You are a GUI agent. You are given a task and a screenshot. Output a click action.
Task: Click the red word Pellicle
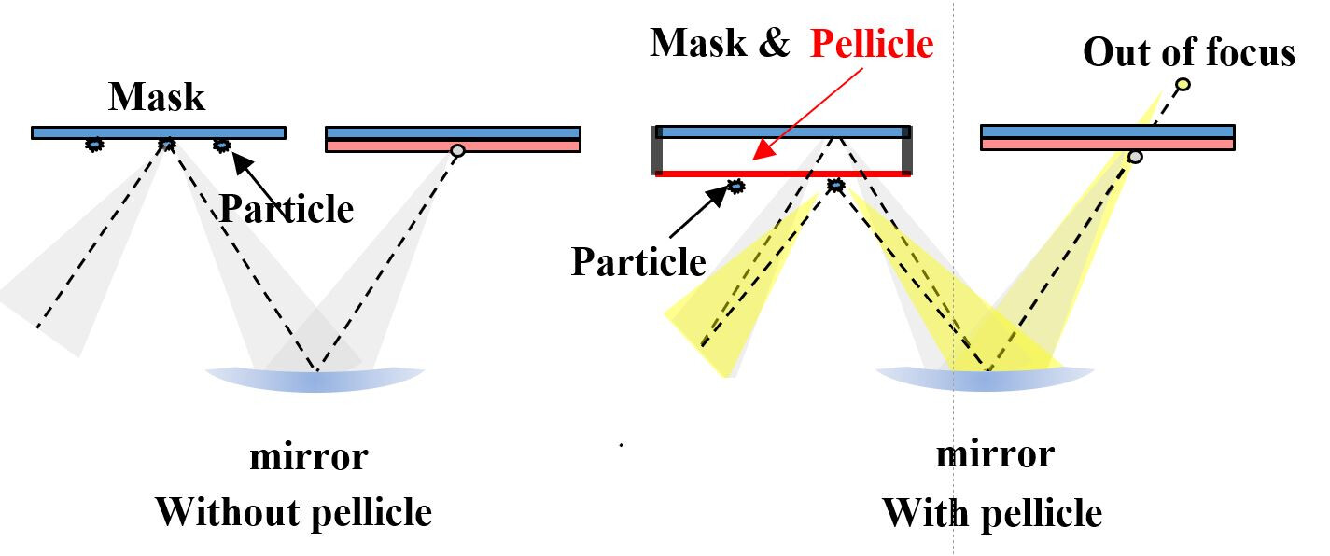(x=872, y=44)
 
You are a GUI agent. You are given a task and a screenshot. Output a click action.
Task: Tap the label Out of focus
(x=1189, y=52)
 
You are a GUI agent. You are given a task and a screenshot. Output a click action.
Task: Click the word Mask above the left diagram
(x=157, y=96)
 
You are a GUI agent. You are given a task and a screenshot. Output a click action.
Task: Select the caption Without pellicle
(x=293, y=512)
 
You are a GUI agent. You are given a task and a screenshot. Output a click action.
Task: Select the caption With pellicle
(x=991, y=513)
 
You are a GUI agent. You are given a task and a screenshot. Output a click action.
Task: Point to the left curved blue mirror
(x=315, y=379)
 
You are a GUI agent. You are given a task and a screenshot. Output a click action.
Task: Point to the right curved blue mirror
(x=985, y=379)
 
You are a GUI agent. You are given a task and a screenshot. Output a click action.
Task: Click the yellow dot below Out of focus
(x=1183, y=85)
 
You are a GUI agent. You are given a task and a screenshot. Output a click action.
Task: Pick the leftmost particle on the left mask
(x=94, y=144)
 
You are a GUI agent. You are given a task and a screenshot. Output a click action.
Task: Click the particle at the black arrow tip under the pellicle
(x=736, y=187)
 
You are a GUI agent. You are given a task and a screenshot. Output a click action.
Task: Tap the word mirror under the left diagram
(x=308, y=457)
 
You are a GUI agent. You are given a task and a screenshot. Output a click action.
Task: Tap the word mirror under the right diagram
(x=995, y=454)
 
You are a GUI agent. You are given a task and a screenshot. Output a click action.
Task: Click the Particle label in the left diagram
(x=287, y=208)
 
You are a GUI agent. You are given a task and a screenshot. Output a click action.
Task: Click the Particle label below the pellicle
(x=638, y=261)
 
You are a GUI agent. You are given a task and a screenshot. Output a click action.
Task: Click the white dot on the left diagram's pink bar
(x=457, y=150)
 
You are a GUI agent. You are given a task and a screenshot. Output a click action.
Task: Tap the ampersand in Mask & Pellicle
(x=773, y=43)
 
